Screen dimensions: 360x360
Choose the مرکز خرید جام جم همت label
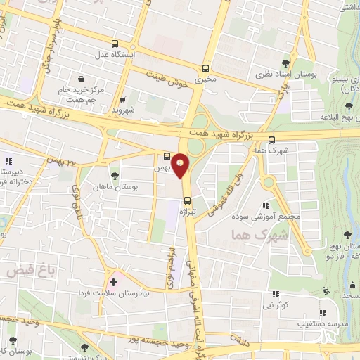(x=84, y=95)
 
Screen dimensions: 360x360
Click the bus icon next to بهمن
(x=167, y=156)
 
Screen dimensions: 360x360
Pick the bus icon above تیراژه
(x=186, y=200)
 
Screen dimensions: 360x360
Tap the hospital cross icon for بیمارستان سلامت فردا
(x=113, y=282)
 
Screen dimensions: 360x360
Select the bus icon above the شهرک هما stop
(x=271, y=139)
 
